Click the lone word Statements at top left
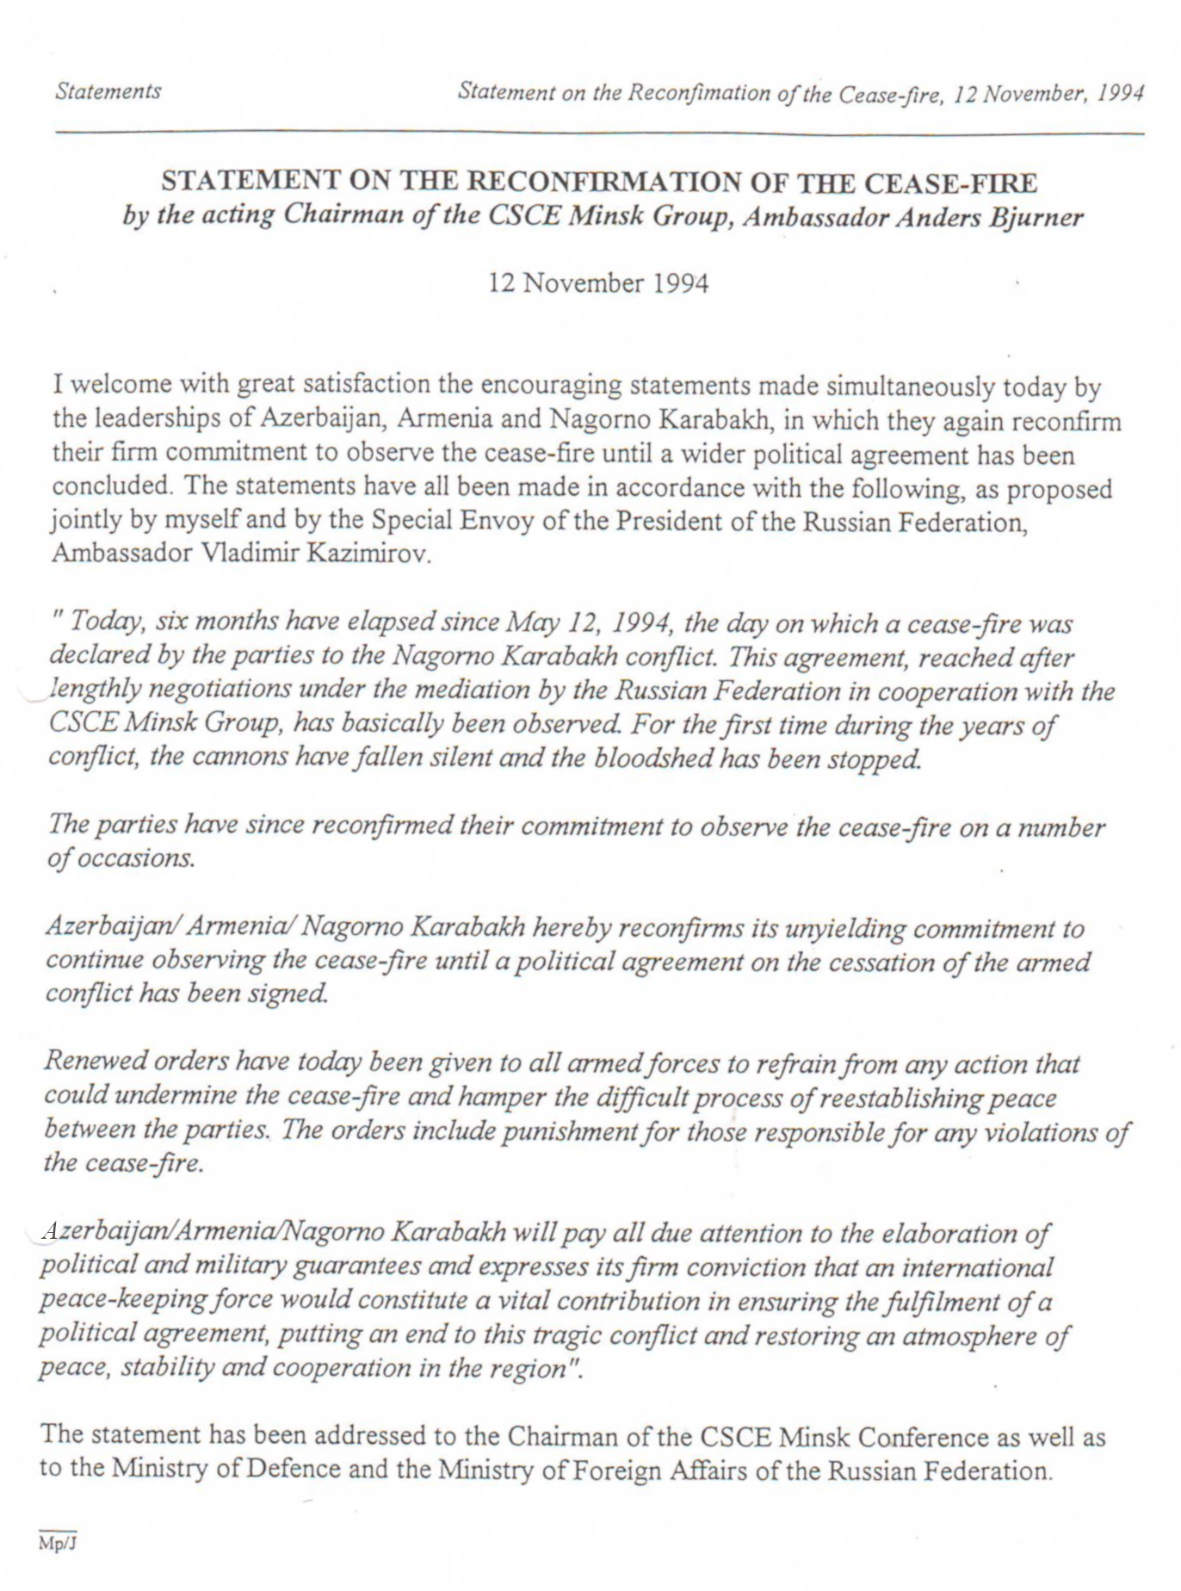click(108, 91)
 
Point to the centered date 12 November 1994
click(598, 283)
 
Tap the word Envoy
click(493, 522)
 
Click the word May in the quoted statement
click(525, 622)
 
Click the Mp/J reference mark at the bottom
click(58, 1544)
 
